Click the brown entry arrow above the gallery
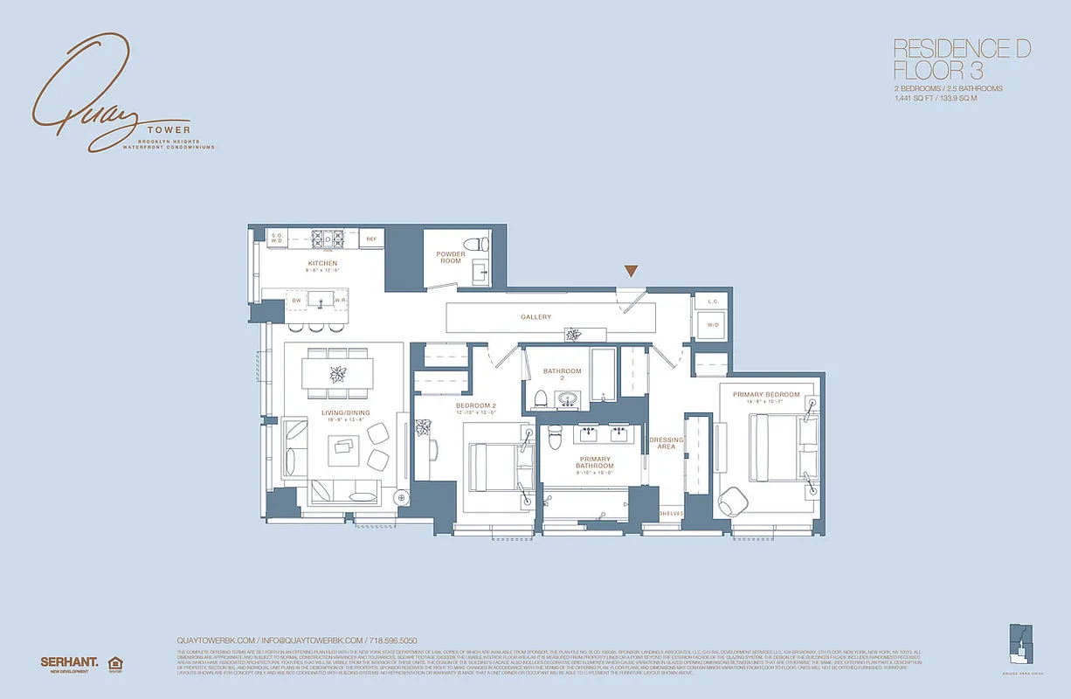coord(631,272)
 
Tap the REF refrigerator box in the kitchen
coord(371,239)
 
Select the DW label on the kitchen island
coord(296,301)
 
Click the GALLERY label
coord(535,317)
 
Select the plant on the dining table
coord(337,374)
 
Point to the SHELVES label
coord(671,513)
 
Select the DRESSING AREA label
coord(666,443)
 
